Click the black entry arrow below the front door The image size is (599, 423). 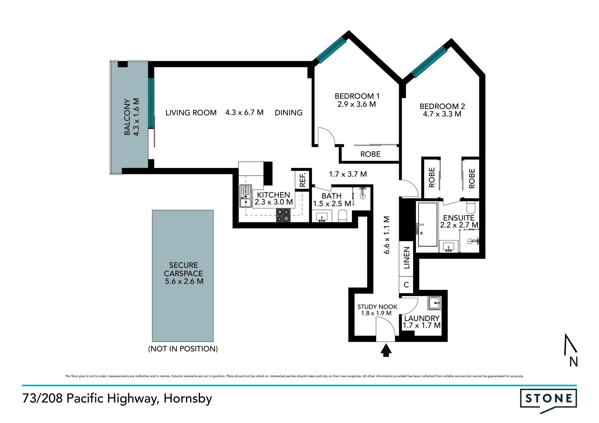[x=386, y=350]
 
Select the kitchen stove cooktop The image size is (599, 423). [x=283, y=215]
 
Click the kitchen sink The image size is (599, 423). [x=246, y=196]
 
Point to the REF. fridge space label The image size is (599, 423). [x=302, y=180]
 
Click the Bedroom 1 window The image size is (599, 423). [x=331, y=50]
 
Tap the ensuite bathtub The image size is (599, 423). [x=427, y=224]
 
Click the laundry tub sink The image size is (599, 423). [x=435, y=302]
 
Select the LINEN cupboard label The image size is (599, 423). [x=406, y=257]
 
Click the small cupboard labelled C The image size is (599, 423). [x=406, y=285]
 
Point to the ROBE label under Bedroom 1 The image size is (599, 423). [x=370, y=154]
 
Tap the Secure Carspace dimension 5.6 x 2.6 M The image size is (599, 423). [x=184, y=281]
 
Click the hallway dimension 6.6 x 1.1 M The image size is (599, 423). [x=387, y=235]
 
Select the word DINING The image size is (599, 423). [x=289, y=113]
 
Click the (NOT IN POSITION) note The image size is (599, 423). [x=183, y=348]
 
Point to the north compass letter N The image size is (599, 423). [x=573, y=362]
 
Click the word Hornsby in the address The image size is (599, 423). [x=188, y=399]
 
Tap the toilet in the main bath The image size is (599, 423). [x=343, y=216]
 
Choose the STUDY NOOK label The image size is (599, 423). [x=377, y=307]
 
